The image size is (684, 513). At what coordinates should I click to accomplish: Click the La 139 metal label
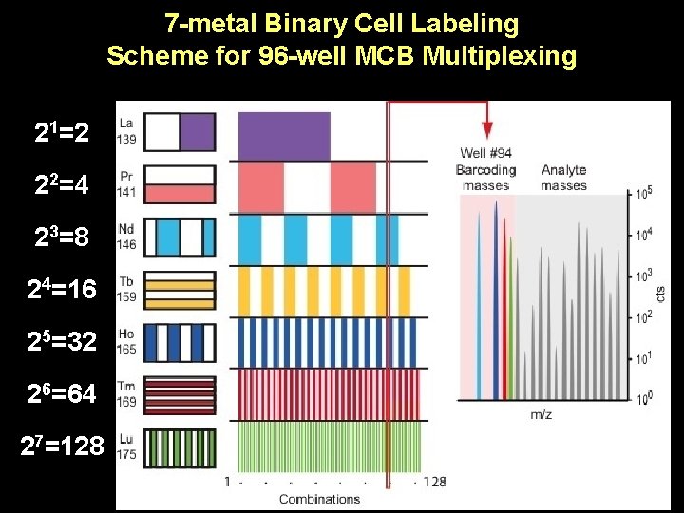pos(126,132)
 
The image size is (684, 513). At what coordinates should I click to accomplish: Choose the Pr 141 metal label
pos(126,183)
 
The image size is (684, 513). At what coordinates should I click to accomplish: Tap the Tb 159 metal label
pos(126,287)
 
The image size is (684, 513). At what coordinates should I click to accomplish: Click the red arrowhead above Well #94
pos(486,130)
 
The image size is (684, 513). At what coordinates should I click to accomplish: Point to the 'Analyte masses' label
pos(563,178)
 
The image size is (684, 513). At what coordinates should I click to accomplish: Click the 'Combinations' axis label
pos(319,499)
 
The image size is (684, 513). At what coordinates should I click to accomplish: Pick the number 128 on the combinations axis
pos(435,482)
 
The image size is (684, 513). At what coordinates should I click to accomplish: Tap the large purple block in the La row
pos(283,135)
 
